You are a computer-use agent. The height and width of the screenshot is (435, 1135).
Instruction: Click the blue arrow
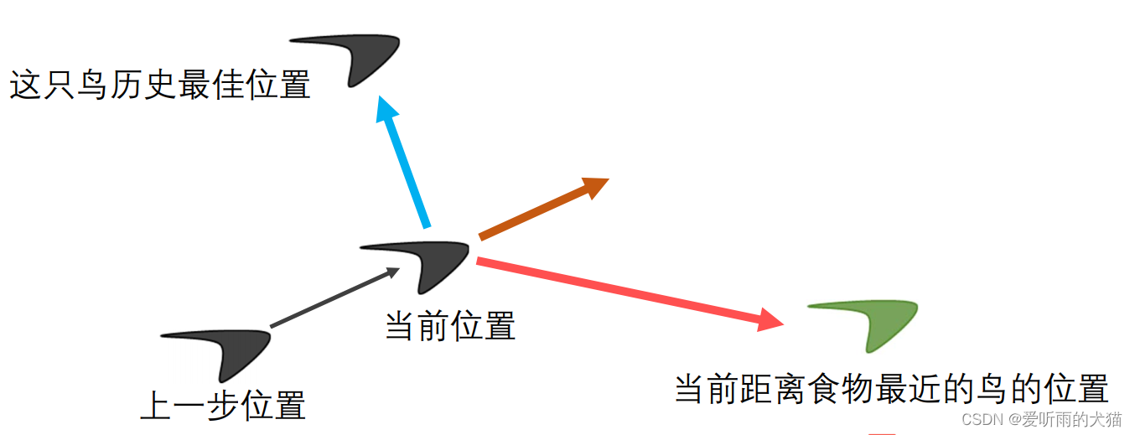point(407,163)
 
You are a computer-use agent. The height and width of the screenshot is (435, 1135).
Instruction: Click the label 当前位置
point(450,325)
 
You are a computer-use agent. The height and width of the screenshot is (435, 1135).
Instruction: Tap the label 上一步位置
point(223,405)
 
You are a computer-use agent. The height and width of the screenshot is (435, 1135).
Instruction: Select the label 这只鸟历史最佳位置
point(160,85)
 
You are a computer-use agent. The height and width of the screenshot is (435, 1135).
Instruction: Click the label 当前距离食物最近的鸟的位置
point(891,389)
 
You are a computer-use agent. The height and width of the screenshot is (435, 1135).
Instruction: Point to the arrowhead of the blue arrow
point(386,109)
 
